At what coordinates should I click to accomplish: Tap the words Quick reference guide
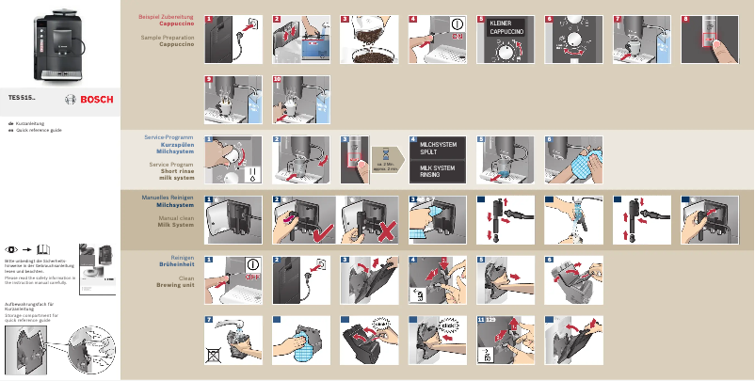39,130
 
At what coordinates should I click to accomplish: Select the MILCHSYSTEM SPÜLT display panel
438,148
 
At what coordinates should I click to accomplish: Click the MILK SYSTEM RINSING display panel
438,171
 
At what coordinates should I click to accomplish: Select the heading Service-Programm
163,137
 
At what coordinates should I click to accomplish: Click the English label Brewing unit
163,286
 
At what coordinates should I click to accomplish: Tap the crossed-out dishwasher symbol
217,355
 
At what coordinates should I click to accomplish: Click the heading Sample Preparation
160,39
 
